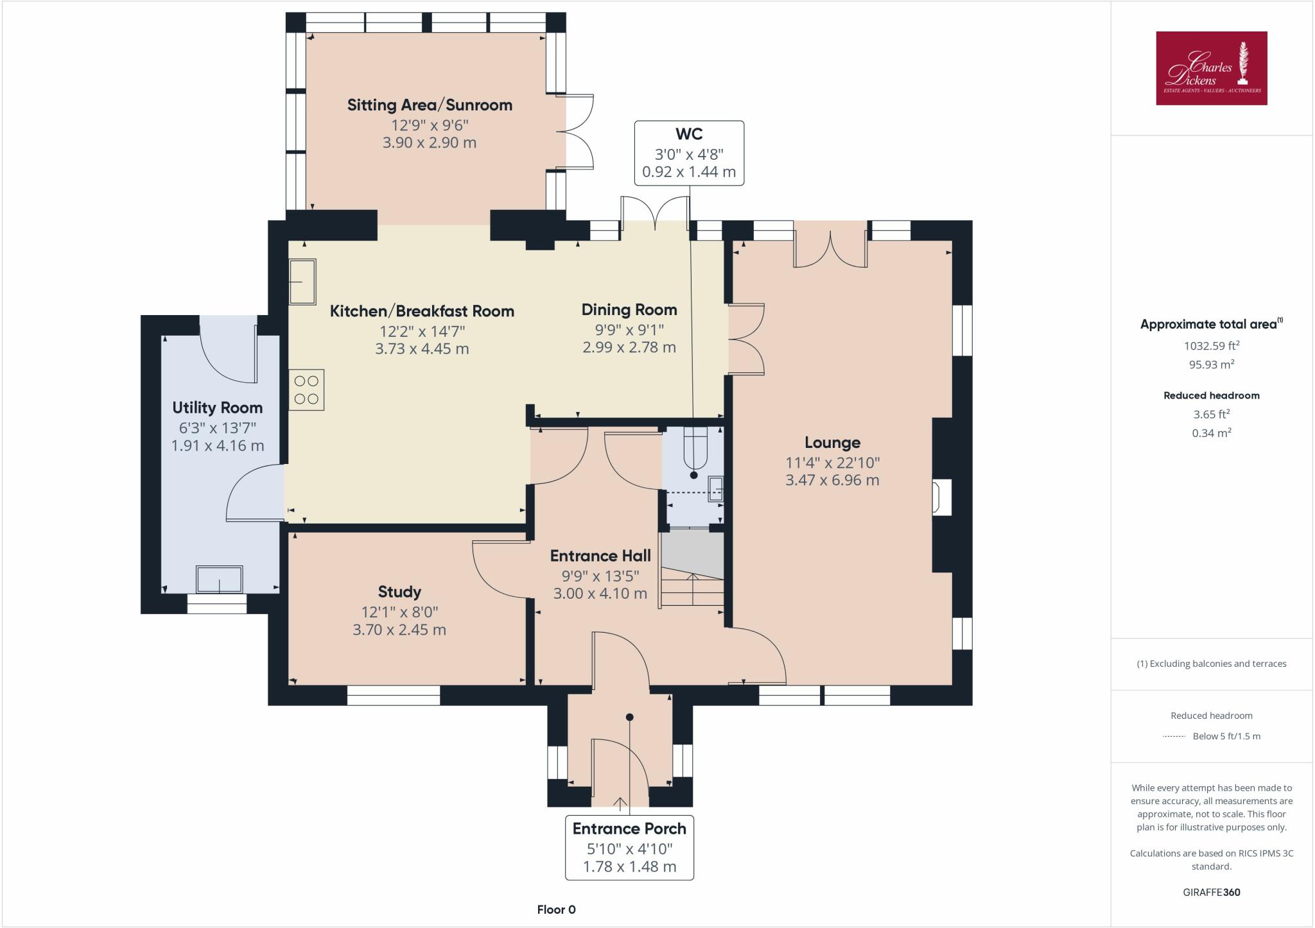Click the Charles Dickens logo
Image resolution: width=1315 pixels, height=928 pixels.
[x=1212, y=68]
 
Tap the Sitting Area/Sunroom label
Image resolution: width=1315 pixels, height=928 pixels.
[x=430, y=105]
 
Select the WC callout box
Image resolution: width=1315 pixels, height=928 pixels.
[x=689, y=153]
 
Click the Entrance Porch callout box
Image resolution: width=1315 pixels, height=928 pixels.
[x=629, y=847]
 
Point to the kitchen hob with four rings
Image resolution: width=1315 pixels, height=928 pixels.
[x=307, y=390]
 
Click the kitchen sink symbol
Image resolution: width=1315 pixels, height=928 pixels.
[x=302, y=281]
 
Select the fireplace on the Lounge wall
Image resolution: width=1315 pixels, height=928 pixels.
[x=942, y=497]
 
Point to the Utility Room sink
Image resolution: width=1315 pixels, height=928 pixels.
[x=220, y=580]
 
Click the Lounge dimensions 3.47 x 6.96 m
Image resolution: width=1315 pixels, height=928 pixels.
[x=832, y=480]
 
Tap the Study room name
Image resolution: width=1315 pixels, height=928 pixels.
[x=399, y=592]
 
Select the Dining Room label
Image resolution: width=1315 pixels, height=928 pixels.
[x=629, y=310]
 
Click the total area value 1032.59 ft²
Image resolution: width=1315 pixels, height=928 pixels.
[x=1212, y=345]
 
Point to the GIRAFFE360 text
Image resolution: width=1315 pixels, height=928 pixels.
[x=1212, y=892]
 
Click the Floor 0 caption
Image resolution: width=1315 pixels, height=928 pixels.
[x=557, y=909]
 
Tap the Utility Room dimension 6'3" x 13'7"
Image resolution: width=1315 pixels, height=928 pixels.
[x=218, y=428]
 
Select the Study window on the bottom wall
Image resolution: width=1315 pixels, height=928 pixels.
[x=394, y=696]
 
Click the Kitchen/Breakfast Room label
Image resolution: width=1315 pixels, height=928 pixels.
[x=422, y=311]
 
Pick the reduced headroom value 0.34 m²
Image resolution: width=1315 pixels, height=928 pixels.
[x=1212, y=433]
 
